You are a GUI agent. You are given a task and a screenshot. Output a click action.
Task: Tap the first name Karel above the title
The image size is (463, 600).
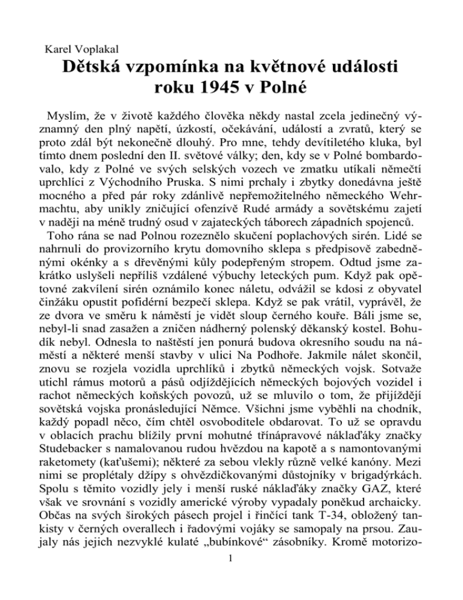click(50, 48)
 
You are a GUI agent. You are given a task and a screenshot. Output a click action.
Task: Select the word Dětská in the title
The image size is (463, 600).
click(101, 71)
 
